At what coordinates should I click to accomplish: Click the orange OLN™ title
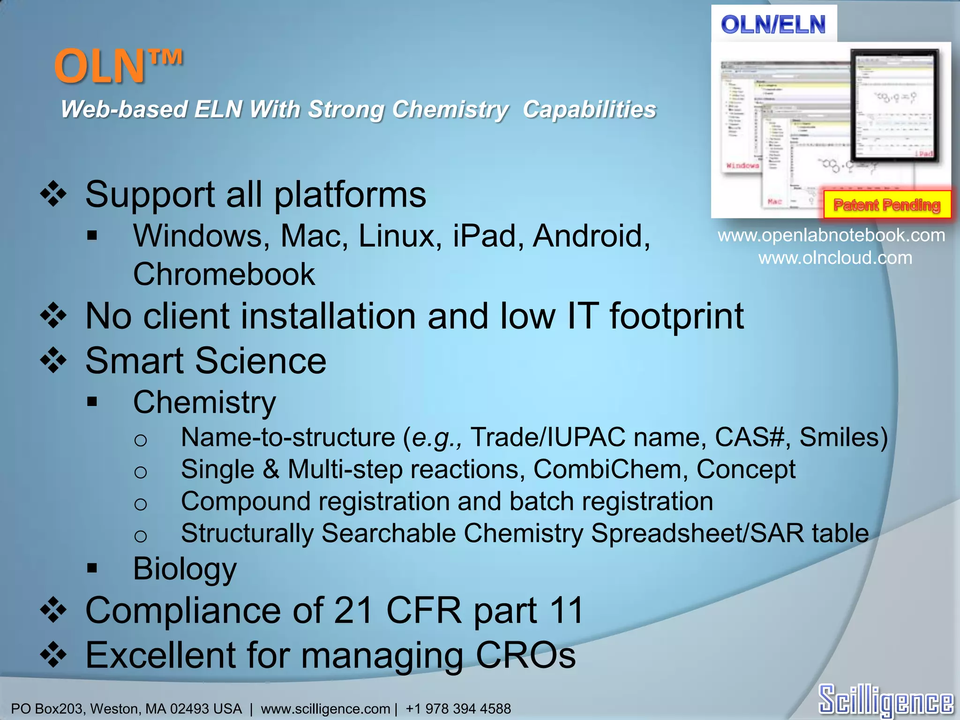[118, 67]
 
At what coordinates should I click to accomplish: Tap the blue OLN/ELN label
[773, 24]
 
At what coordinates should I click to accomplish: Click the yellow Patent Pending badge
[887, 205]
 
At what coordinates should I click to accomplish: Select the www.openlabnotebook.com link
[831, 235]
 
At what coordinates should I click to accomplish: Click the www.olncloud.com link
[835, 258]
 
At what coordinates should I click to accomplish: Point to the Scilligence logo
[885, 700]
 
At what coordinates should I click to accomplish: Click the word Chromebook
[224, 274]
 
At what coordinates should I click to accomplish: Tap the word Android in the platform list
[591, 236]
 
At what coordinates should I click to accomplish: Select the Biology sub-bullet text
[185, 569]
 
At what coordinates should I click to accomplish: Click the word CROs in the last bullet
[525, 655]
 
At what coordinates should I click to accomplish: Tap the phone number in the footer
[458, 708]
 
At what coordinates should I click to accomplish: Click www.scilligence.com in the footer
[325, 709]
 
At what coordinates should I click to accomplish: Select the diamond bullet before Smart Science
[53, 361]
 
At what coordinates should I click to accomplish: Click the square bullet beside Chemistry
[92, 402]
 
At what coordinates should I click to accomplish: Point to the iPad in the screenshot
[895, 106]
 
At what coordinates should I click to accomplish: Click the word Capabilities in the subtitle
[589, 110]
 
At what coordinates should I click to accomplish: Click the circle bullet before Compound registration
[140, 504]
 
